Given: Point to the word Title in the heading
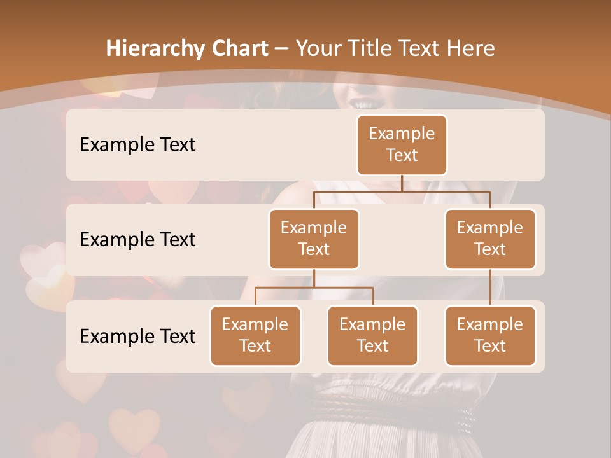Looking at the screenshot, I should click(374, 48).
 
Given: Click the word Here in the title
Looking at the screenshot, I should click(470, 48).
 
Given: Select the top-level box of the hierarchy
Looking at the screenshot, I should click(402, 144).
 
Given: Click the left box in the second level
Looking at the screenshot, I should click(314, 239).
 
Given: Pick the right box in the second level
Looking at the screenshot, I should click(490, 239).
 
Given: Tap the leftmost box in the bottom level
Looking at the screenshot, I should click(255, 335).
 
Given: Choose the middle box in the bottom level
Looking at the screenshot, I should click(372, 335).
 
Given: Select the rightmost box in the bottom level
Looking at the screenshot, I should click(490, 335).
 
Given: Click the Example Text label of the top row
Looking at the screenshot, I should click(137, 144).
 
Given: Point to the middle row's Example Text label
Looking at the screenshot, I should click(137, 239).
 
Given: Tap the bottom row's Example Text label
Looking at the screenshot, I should click(137, 336).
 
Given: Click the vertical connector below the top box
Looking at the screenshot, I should click(402, 183).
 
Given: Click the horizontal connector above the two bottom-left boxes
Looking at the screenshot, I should click(314, 288).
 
